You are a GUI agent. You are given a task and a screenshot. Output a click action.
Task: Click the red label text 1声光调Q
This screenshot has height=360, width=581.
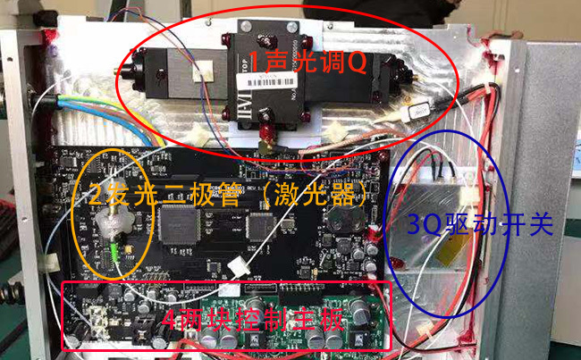point(308,63)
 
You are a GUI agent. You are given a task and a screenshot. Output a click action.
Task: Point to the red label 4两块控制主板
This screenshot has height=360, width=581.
point(254,319)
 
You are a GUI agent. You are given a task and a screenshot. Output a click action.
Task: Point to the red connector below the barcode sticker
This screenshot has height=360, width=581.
point(265,136)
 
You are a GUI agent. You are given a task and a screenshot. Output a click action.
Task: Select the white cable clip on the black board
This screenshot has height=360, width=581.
point(239,265)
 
